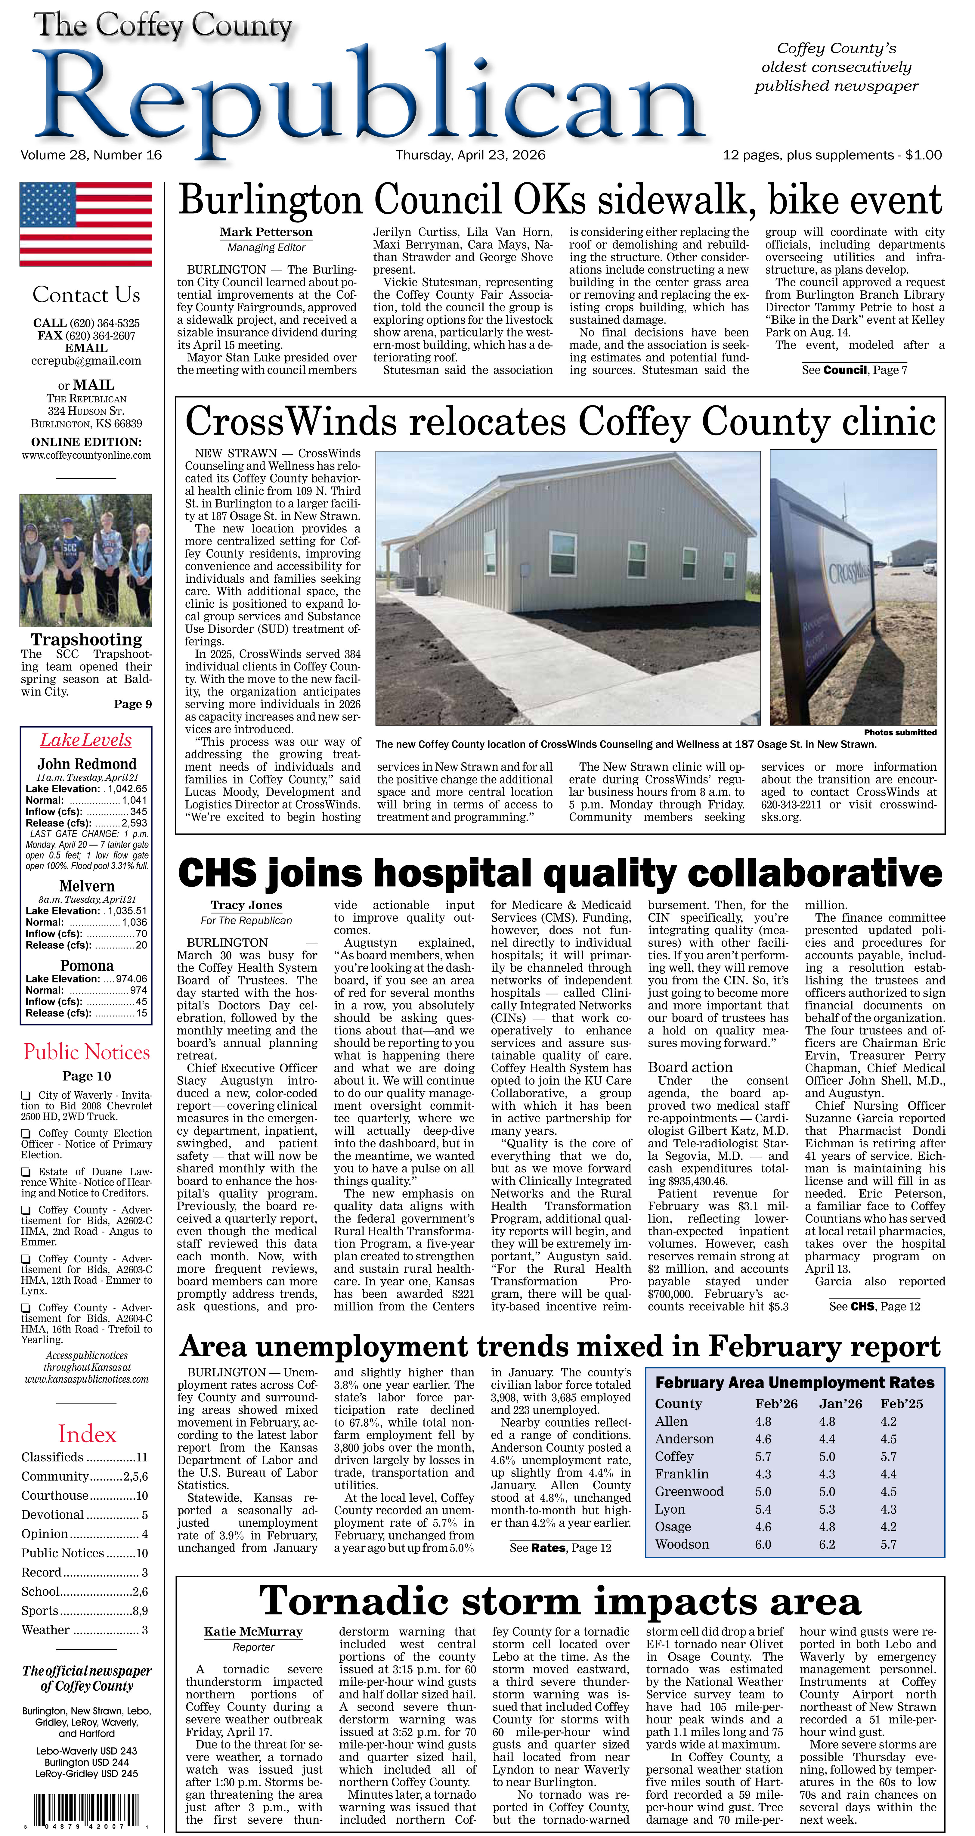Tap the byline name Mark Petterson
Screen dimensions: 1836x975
(266, 232)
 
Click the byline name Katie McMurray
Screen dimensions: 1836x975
(253, 1631)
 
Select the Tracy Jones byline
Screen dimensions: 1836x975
(246, 905)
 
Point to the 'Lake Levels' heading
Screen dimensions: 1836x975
(85, 740)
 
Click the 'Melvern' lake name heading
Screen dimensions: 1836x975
(87, 886)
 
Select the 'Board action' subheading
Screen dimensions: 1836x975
(690, 1067)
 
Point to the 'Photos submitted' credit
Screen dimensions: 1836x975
(899, 732)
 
